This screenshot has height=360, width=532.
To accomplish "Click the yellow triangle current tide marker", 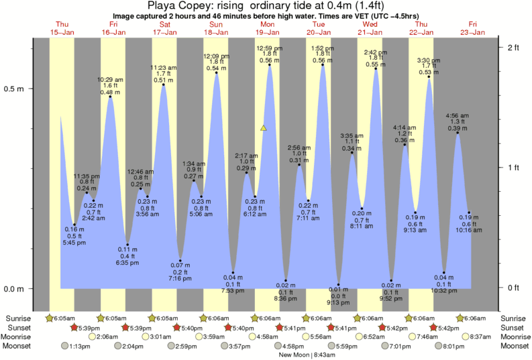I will (x=264, y=127).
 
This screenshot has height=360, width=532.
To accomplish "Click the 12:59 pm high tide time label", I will (x=269, y=48).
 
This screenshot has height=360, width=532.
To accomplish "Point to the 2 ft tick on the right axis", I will (x=513, y=47).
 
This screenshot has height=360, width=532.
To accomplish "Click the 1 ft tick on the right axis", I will (x=513, y=168).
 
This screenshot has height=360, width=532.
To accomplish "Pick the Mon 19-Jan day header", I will (x=267, y=28).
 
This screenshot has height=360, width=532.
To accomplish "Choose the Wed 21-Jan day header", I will (x=370, y=28).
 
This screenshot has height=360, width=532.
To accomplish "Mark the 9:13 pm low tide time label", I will (x=338, y=302).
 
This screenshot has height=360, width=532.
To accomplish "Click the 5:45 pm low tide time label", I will (x=74, y=242).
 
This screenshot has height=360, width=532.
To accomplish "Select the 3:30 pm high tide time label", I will (x=429, y=60).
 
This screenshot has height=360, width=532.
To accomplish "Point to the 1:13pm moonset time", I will (x=80, y=346).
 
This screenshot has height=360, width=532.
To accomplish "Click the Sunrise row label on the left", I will (x=17, y=318).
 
